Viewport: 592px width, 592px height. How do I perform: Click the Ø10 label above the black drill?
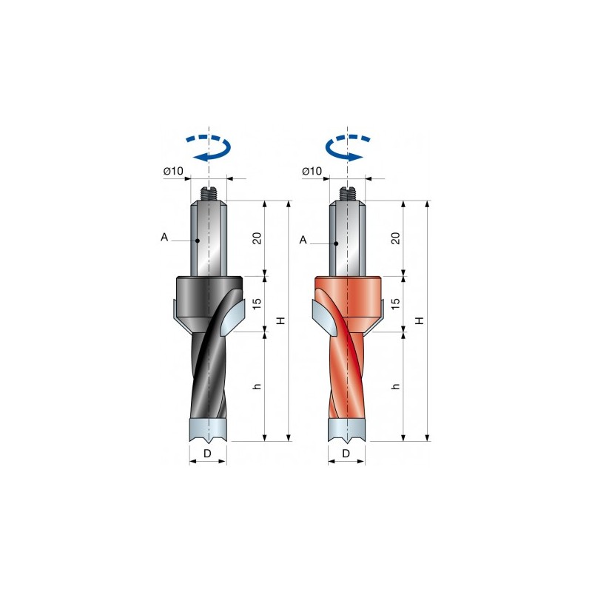pyautogui.click(x=173, y=171)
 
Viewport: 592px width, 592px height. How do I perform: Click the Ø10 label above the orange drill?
pyautogui.click(x=312, y=171)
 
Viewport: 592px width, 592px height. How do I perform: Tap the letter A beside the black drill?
pyautogui.click(x=164, y=237)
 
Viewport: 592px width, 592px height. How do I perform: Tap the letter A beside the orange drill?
pyautogui.click(x=303, y=240)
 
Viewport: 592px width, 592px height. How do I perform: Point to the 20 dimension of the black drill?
pyautogui.click(x=257, y=238)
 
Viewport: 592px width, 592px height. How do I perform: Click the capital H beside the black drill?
pyautogui.click(x=281, y=320)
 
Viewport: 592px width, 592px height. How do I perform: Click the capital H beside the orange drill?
pyautogui.click(x=420, y=320)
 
